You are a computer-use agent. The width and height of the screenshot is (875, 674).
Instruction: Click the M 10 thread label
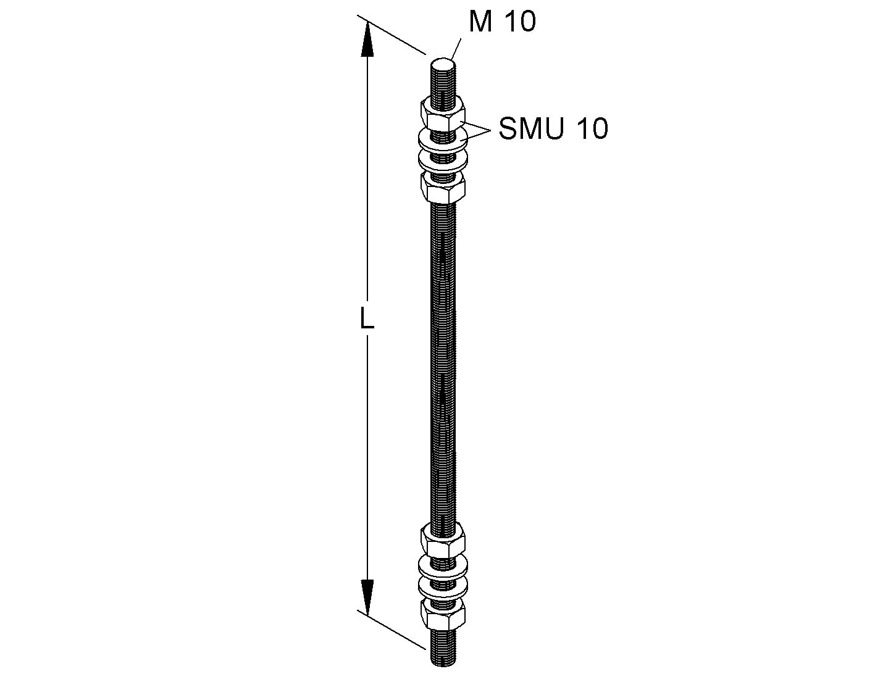point(503,22)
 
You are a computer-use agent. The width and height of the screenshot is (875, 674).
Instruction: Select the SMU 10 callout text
point(553,128)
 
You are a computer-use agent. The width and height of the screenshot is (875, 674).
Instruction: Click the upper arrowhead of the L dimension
point(367,40)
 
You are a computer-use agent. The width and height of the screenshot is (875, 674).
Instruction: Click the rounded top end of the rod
point(443,64)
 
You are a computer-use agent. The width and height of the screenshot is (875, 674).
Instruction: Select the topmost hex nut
point(443,115)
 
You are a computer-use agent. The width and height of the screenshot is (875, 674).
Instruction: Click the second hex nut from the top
point(443,188)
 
